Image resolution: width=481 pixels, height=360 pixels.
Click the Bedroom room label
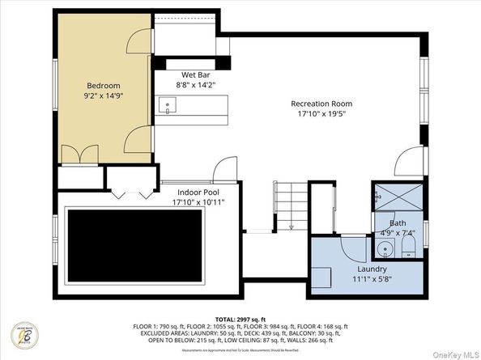pos(104,86)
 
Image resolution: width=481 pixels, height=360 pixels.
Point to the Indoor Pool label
pos(198,193)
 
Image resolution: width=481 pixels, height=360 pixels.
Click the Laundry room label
pos(372,269)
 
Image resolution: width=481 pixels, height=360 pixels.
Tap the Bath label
pos(398,223)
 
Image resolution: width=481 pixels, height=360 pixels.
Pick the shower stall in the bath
pos(397,197)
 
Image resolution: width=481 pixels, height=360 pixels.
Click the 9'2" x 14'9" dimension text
pos(104,96)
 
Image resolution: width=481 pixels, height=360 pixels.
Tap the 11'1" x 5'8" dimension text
pos(372,279)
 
